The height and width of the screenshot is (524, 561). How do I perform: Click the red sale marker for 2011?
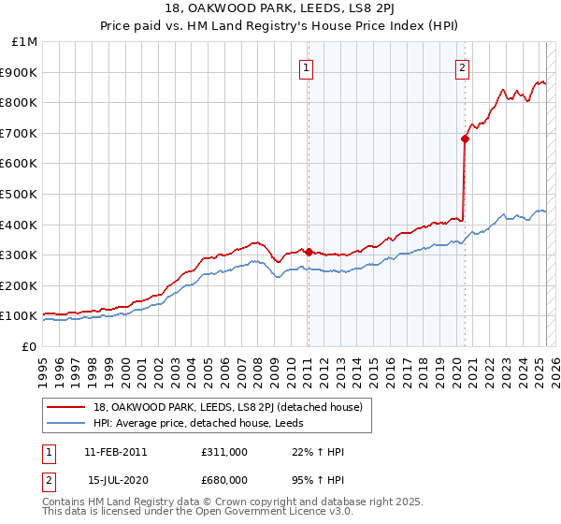click(309, 252)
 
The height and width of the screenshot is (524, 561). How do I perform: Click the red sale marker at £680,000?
click(465, 138)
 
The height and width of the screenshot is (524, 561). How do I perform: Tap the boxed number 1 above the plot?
click(307, 66)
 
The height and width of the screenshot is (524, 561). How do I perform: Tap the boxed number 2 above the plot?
click(463, 66)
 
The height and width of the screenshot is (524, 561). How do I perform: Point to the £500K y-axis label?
click(19, 194)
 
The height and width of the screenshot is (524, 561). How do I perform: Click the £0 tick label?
click(30, 346)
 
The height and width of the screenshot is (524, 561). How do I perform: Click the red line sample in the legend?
click(67, 406)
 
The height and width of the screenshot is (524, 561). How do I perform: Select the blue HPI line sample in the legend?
click(67, 423)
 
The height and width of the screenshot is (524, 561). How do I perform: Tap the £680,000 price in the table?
click(224, 479)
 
